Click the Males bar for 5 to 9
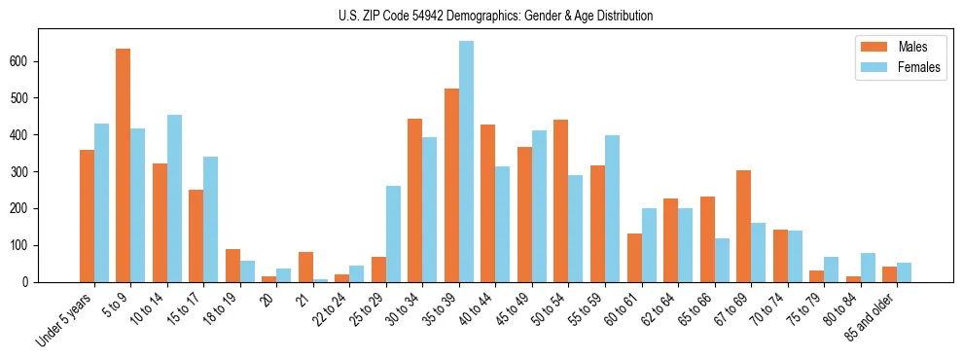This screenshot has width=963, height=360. (x=124, y=165)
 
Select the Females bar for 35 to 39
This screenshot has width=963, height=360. (x=466, y=162)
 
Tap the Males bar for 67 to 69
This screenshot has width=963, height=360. (x=743, y=226)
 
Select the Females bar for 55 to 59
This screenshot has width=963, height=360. (x=612, y=208)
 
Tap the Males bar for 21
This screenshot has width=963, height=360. (x=305, y=267)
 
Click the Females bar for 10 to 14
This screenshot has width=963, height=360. (x=174, y=198)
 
